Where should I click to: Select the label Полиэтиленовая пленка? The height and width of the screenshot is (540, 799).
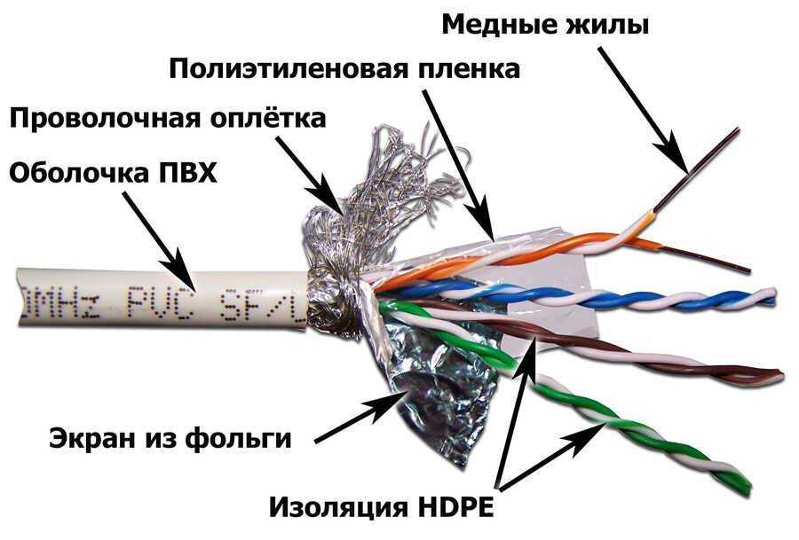point(344,69)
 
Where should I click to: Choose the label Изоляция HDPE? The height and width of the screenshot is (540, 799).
point(381,507)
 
